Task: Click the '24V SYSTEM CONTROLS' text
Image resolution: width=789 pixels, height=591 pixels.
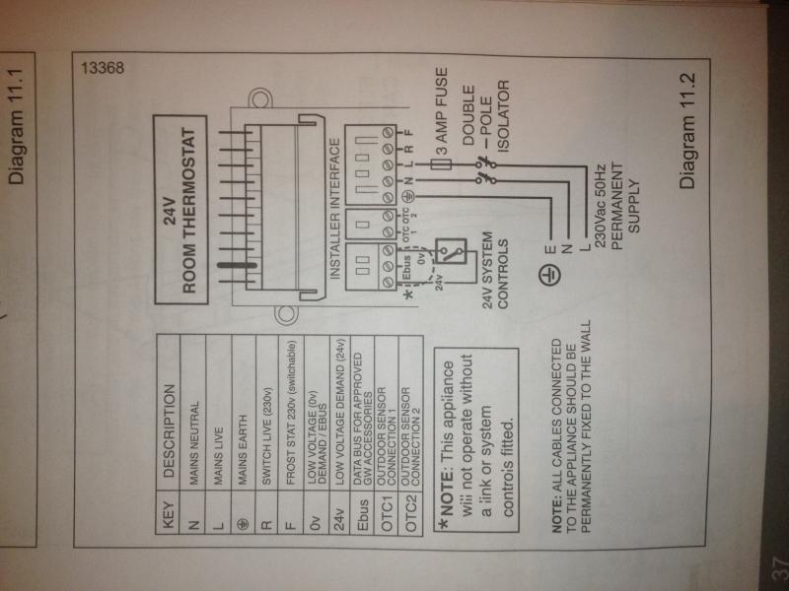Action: (x=495, y=274)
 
